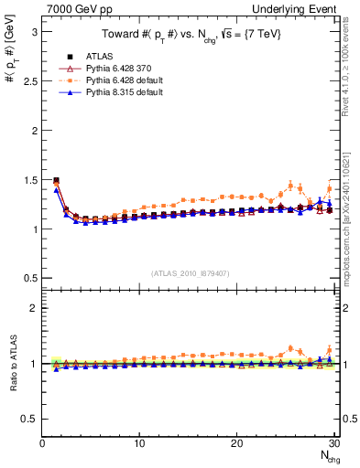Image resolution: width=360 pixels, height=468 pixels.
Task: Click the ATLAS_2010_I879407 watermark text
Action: [189, 272]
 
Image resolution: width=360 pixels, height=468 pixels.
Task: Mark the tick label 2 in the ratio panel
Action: [33, 308]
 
